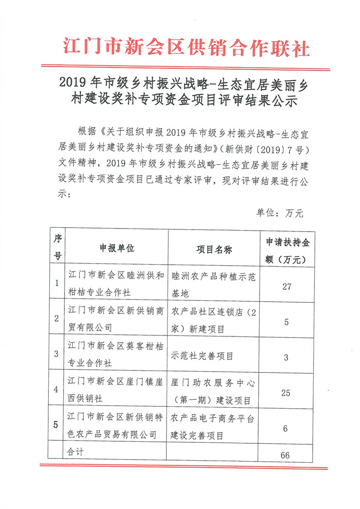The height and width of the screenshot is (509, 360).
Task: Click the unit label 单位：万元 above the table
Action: tap(280, 213)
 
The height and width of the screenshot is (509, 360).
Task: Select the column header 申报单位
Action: tap(117, 248)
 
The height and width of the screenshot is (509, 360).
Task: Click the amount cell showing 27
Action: tap(286, 287)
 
